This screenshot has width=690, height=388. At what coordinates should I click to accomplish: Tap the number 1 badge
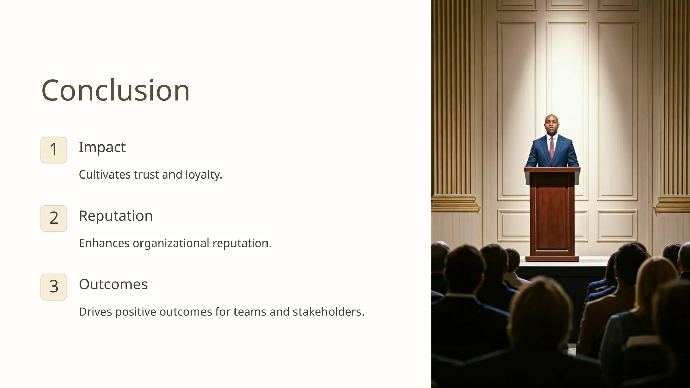54,150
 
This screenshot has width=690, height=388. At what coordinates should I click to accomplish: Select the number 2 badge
54,218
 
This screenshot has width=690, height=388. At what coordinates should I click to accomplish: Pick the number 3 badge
54,287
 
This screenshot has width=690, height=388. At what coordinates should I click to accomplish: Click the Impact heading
102,147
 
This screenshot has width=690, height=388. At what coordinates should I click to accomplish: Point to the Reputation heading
116,216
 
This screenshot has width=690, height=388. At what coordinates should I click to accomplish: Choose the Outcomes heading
113,284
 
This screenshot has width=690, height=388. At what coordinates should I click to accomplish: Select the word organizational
171,243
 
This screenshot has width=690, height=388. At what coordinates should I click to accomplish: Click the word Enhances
104,243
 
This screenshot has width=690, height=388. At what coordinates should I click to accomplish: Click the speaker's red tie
552,148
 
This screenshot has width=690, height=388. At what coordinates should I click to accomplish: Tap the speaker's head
552,124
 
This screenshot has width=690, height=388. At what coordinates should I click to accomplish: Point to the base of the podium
552,259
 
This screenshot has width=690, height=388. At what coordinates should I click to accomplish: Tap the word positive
135,312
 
